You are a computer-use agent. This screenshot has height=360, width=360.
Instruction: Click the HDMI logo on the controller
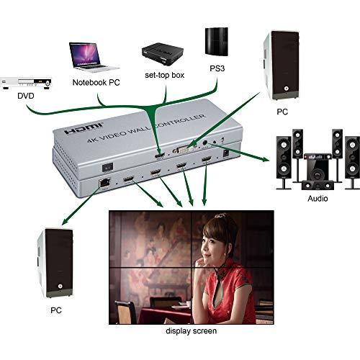click(x=74, y=127)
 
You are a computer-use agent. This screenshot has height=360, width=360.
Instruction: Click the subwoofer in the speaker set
click(x=316, y=170)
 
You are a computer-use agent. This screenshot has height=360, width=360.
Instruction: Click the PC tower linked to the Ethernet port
click(x=52, y=262)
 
